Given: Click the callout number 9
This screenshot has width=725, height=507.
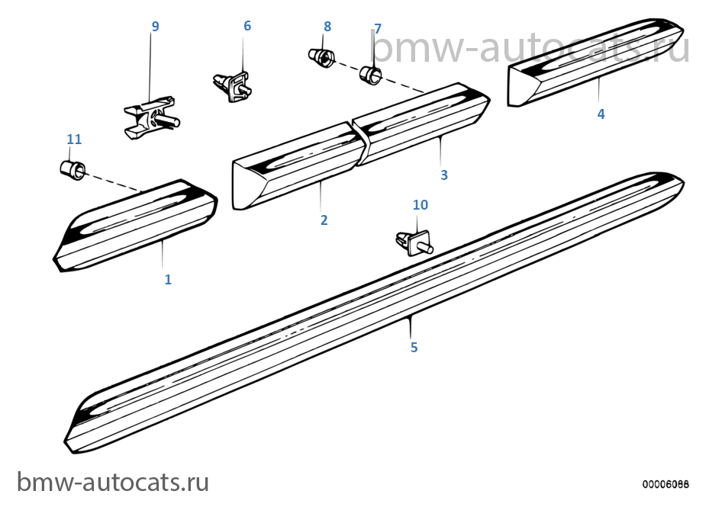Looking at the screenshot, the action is (x=156, y=27).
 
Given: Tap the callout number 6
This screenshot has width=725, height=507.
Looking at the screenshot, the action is (x=247, y=25).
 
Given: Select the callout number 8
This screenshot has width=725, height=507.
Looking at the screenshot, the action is (x=327, y=27).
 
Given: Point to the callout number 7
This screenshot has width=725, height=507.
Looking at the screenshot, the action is (x=378, y=29).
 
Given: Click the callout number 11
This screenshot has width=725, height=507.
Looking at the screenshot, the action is (x=75, y=139).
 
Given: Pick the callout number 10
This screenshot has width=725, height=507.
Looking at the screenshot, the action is (x=420, y=204).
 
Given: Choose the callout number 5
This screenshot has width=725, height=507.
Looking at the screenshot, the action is (x=414, y=347).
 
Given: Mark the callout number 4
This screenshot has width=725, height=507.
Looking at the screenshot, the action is (x=601, y=114).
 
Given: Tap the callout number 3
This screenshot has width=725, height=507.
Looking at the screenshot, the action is (x=444, y=175).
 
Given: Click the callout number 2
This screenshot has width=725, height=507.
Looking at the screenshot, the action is (x=324, y=220).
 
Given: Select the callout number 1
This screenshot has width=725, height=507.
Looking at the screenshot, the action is (x=168, y=279).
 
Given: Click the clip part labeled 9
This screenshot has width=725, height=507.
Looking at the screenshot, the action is (x=151, y=117).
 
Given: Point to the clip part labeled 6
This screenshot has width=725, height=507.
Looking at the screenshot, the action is (x=233, y=85).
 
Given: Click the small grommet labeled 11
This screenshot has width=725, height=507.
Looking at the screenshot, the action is (x=72, y=169).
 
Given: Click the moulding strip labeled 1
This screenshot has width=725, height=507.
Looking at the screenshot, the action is (x=135, y=226).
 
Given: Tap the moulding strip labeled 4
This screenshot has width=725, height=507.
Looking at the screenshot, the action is (x=595, y=63).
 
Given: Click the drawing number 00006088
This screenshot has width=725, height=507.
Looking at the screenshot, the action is (x=665, y=484).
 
